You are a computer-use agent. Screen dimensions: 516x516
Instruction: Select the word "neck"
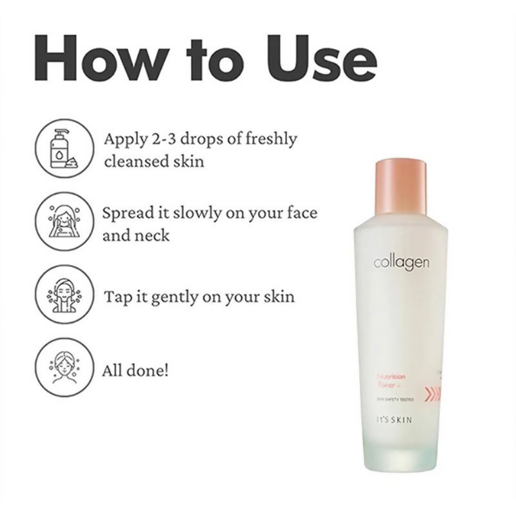[152, 235]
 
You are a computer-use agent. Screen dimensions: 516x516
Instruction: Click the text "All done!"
[135, 371]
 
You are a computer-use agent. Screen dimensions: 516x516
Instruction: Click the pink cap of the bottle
[400, 187]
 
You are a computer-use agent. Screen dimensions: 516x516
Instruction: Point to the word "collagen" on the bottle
[401, 263]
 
